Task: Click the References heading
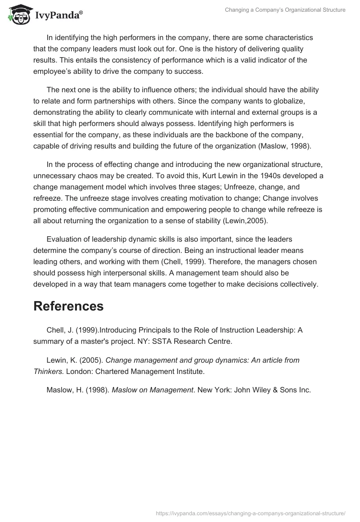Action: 68,306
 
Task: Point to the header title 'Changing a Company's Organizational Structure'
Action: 285,10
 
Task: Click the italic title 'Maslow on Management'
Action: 152,390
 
